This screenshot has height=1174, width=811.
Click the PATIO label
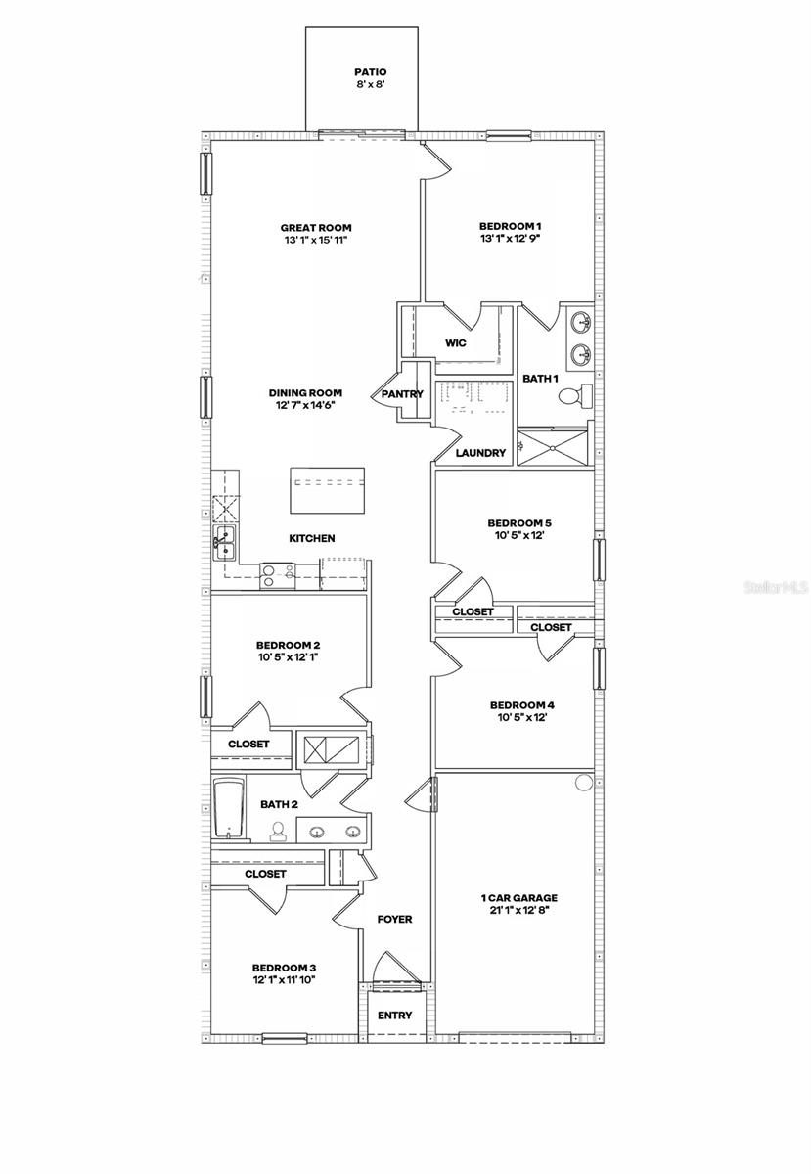point(370,72)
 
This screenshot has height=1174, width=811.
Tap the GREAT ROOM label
point(315,227)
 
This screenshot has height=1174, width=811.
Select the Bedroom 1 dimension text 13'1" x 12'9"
point(511,239)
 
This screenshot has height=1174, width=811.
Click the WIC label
point(456,343)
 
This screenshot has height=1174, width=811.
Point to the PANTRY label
point(403,394)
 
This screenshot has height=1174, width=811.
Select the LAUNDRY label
point(481,453)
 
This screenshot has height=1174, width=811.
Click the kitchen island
point(328,489)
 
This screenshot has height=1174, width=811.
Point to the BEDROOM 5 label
point(516,523)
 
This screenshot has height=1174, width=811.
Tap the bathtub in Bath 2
point(228,810)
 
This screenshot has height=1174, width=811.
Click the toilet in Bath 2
point(278,832)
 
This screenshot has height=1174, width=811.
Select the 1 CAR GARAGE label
point(518,897)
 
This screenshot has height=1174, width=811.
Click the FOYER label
point(395,920)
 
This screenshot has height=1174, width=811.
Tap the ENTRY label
point(395,1015)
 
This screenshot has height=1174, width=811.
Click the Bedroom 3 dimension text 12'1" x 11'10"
point(284,979)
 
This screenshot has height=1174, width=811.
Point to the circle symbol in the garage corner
point(584,782)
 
